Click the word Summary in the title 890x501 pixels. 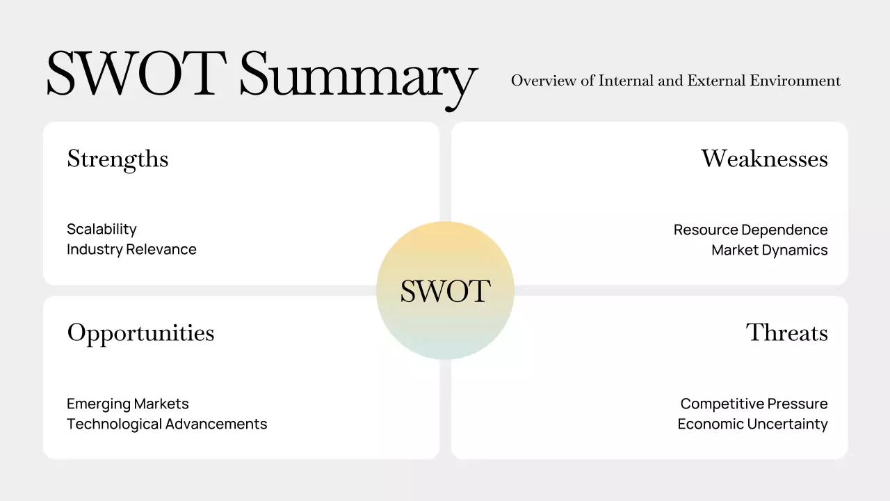click(x=358, y=75)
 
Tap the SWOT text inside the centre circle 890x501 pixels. click(x=445, y=291)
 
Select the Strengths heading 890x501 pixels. click(x=118, y=159)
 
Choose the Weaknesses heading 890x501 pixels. click(x=764, y=159)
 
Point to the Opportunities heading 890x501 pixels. click(x=140, y=333)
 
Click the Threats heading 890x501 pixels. click(x=787, y=333)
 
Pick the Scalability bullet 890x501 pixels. click(x=102, y=230)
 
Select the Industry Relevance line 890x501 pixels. click(x=131, y=249)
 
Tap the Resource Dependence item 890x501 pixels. click(x=750, y=230)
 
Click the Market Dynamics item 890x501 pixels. click(x=769, y=250)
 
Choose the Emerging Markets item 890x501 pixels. click(x=127, y=404)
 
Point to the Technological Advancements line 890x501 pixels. click(x=167, y=424)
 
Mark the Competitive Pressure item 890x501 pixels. click(x=754, y=404)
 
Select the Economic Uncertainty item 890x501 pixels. click(x=752, y=424)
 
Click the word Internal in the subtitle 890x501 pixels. click(x=626, y=81)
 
